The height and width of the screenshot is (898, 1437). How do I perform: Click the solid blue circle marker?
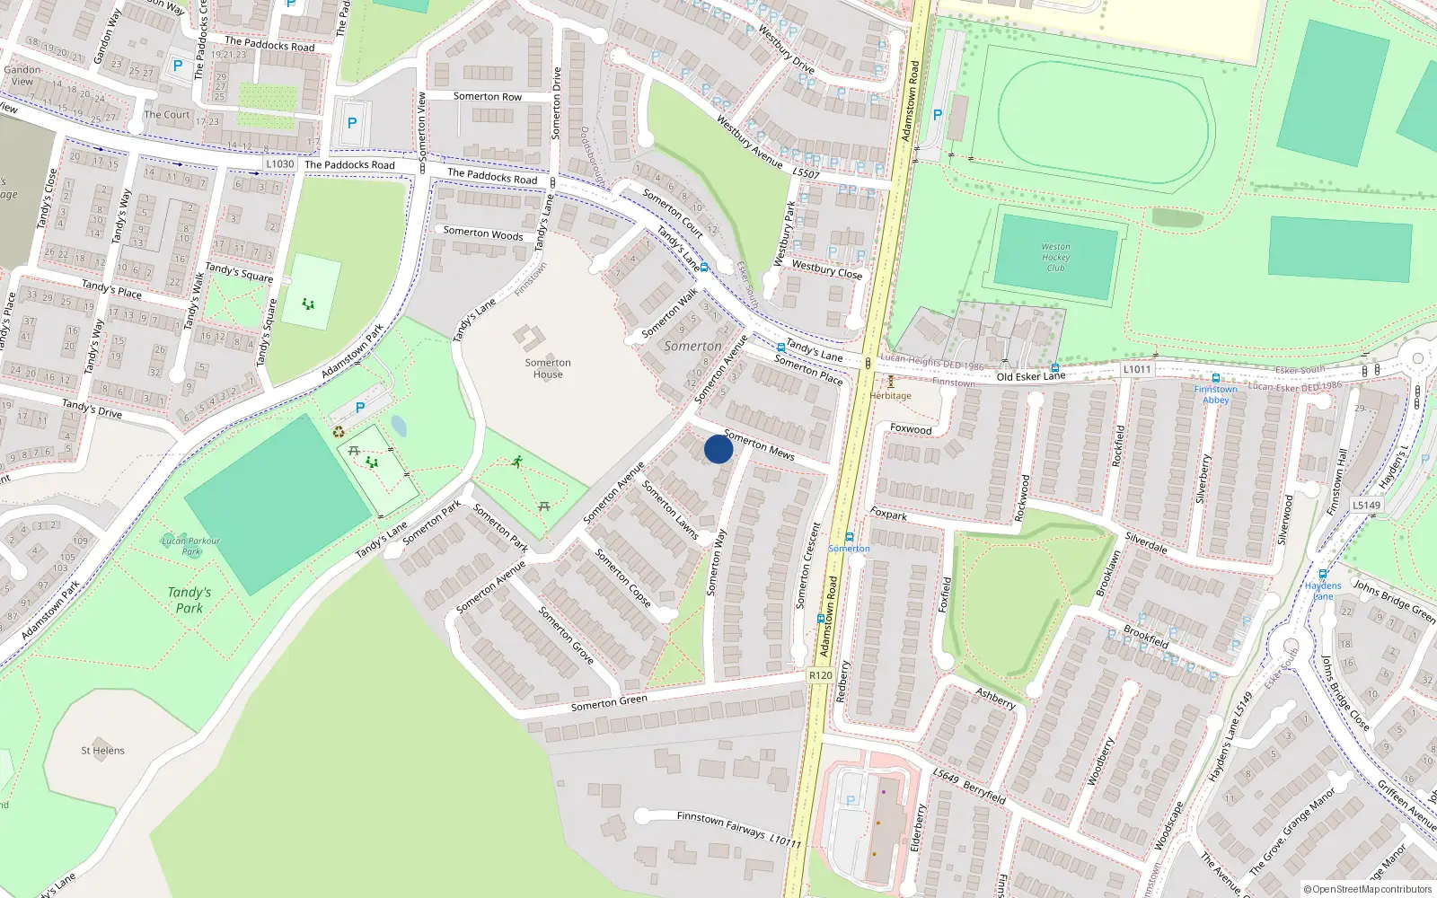(x=718, y=449)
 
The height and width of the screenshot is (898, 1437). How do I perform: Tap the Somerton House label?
(x=548, y=368)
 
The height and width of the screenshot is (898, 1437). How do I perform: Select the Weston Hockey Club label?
(x=1055, y=257)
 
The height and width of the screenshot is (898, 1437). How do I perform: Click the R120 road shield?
(x=820, y=675)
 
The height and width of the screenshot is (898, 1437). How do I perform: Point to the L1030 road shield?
(x=280, y=163)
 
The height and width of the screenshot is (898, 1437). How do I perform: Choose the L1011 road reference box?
(x=1136, y=369)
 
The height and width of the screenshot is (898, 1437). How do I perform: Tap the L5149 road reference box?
(x=1366, y=505)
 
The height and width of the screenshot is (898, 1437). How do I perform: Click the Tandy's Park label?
(x=189, y=600)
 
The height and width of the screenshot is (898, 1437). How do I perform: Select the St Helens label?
(x=102, y=751)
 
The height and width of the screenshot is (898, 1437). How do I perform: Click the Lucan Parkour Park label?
(x=190, y=546)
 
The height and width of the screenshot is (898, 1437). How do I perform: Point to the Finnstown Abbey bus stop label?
(x=1215, y=394)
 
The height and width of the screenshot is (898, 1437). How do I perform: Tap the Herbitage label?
(x=890, y=395)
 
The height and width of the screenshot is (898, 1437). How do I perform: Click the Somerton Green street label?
(x=609, y=703)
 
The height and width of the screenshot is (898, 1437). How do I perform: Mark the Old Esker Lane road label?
(x=1030, y=376)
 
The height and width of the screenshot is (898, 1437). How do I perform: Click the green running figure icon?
(x=517, y=462)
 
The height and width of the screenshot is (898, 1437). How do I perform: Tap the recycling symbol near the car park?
(x=339, y=432)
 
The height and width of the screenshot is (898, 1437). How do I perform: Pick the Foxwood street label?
(x=911, y=429)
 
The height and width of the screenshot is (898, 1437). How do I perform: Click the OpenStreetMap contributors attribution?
(x=1368, y=889)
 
